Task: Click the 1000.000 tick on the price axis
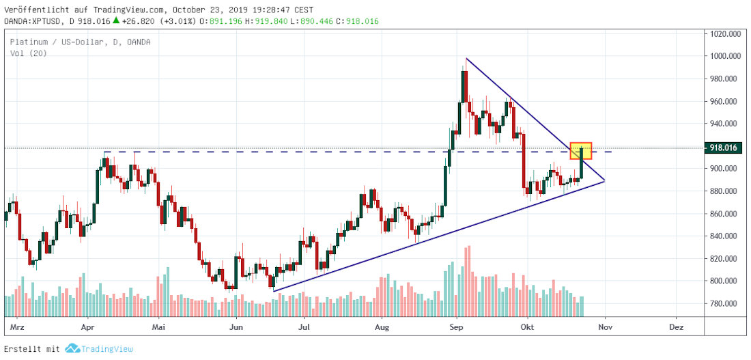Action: (x=725, y=56)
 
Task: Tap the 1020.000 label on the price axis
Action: (x=725, y=33)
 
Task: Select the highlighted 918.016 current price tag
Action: (x=725, y=148)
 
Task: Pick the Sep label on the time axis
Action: (x=457, y=327)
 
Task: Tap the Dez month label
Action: (x=677, y=327)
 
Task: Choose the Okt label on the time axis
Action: (x=527, y=327)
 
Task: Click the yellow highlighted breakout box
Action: (x=581, y=151)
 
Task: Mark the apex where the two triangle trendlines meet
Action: (x=605, y=181)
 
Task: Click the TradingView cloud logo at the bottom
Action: (x=73, y=349)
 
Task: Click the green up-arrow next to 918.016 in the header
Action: (x=116, y=21)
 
